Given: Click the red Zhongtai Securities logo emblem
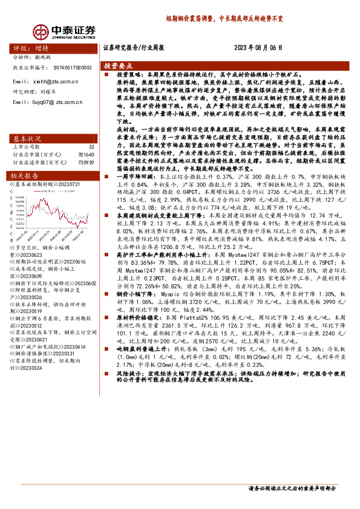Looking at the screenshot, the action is coord(42,31).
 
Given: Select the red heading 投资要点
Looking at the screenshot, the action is coord(118,65).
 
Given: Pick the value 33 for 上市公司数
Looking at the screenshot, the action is coord(91,147).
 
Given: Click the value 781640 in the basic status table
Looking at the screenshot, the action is coord(86,155).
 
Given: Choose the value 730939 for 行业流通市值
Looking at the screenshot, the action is coord(86,163).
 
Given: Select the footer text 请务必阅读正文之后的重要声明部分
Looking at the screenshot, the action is coord(292,488).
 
